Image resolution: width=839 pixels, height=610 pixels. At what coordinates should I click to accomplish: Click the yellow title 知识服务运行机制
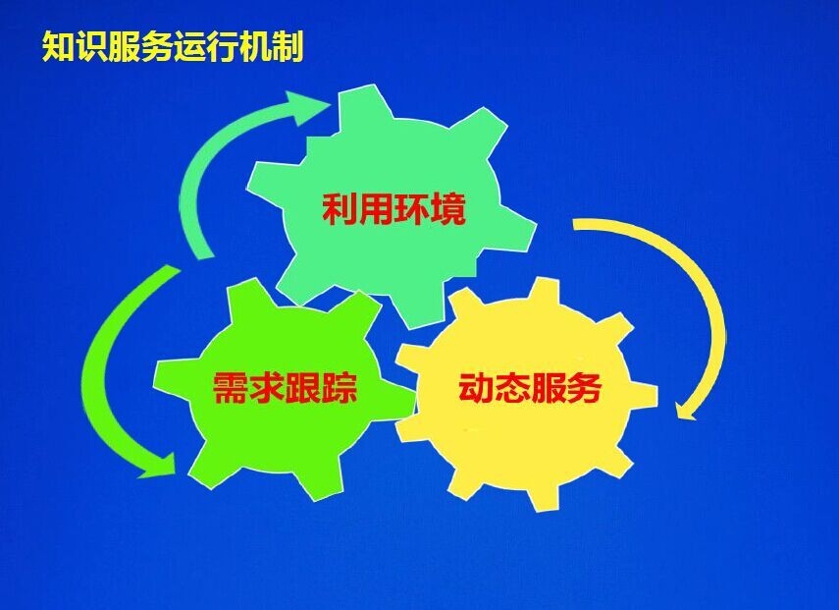click(173, 47)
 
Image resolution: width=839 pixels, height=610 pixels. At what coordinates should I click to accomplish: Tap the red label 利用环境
click(393, 209)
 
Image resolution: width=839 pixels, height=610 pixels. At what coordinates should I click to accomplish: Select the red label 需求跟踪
click(285, 387)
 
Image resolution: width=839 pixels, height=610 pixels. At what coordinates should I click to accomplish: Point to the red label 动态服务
click(530, 387)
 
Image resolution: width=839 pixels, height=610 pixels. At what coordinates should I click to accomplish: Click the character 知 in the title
click(58, 47)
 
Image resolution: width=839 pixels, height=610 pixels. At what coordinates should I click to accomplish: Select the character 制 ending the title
click(288, 47)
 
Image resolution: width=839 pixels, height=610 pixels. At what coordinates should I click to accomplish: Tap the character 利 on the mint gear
click(340, 209)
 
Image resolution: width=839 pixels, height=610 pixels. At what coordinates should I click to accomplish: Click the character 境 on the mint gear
click(448, 209)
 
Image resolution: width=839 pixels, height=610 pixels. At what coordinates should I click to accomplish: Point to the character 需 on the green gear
click(230, 387)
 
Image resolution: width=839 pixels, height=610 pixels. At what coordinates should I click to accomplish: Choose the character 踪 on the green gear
click(340, 387)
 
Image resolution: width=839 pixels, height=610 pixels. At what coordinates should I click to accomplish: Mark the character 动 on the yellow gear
click(476, 387)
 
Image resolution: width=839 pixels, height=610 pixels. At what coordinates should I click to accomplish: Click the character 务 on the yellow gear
click(584, 387)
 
